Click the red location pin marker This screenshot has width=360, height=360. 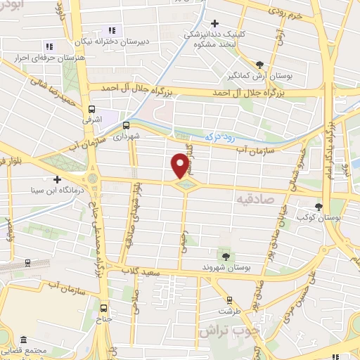tap(181, 165)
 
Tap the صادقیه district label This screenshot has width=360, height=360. tap(250, 200)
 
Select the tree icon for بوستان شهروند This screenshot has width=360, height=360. tap(225, 255)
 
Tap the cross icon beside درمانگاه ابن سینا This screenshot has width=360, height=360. tap(57, 179)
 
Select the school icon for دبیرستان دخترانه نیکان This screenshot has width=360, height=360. tap(111, 30)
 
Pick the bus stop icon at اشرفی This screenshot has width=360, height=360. tap(91, 109)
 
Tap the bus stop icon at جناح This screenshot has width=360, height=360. tap(104, 307)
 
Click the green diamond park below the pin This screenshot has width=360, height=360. tap(186, 184)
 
